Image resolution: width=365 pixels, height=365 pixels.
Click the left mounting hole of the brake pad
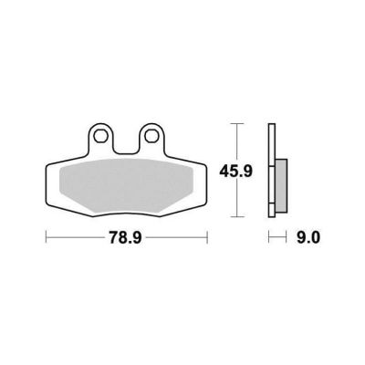coord(99,136)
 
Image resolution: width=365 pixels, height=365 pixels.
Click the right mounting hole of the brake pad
coord(151,136)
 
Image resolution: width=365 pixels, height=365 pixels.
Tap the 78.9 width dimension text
coord(126,237)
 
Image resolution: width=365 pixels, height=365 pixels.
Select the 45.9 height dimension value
coord(236,172)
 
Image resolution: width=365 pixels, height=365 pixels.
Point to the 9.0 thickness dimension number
coord(308,237)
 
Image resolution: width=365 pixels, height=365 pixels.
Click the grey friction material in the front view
coord(126,185)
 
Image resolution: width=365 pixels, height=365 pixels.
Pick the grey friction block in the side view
coord(281,185)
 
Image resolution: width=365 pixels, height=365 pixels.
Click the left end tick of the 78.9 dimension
coord(46,237)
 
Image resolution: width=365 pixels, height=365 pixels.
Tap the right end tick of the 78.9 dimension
coord(207,237)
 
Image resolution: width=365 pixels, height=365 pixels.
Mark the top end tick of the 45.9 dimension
coord(237,124)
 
